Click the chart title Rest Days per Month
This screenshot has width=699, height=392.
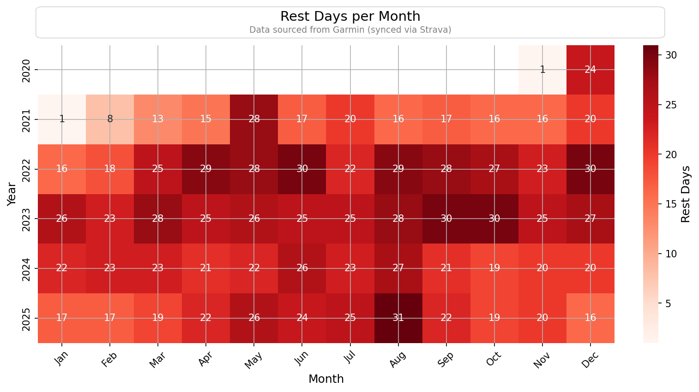350,17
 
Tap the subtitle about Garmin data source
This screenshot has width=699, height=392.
350,30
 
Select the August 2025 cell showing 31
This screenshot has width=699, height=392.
398,318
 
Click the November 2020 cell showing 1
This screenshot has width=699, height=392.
542,70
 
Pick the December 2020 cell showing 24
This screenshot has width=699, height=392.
590,70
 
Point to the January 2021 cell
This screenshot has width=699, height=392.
62,119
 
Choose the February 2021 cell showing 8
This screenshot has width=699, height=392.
110,119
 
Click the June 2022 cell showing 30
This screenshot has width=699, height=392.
302,169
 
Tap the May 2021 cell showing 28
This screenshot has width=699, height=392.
254,119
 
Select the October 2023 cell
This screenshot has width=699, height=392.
494,219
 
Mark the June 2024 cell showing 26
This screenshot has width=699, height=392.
302,268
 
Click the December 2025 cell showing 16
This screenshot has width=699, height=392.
590,318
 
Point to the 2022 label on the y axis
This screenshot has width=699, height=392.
26,169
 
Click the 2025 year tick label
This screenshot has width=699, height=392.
26,318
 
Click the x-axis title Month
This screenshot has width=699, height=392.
326,379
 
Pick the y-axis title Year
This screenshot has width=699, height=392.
12,194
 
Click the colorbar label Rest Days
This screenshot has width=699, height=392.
686,194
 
